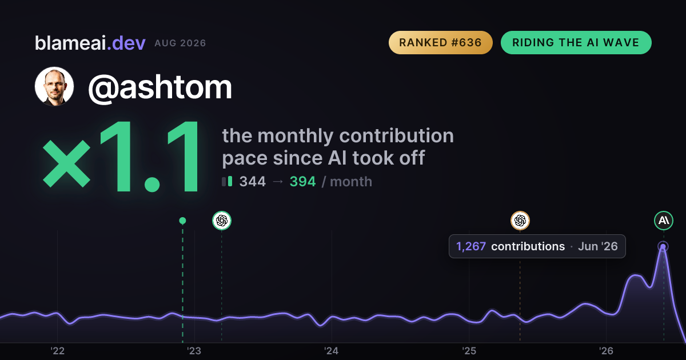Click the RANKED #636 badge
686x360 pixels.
[x=440, y=42]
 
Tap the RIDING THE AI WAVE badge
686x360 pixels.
[x=576, y=42]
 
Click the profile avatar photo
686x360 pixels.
[x=54, y=86]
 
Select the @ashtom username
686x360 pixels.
[x=160, y=87]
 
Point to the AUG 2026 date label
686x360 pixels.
[x=180, y=43]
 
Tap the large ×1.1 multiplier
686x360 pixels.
[x=121, y=156]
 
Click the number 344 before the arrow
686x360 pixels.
[x=252, y=182]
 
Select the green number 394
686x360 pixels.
[x=302, y=182]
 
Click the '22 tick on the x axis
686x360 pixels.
[x=57, y=351]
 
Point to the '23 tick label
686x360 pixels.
[x=194, y=351]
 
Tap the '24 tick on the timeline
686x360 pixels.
[x=332, y=351]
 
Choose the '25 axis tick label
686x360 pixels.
[x=469, y=351]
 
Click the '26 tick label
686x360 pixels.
[x=606, y=351]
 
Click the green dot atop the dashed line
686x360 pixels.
[x=182, y=221]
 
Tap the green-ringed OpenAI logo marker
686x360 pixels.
[x=222, y=221]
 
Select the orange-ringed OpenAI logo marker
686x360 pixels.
[x=520, y=221]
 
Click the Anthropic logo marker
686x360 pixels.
[x=664, y=221]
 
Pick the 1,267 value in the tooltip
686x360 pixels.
[x=471, y=246]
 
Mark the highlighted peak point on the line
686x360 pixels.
[x=663, y=246]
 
